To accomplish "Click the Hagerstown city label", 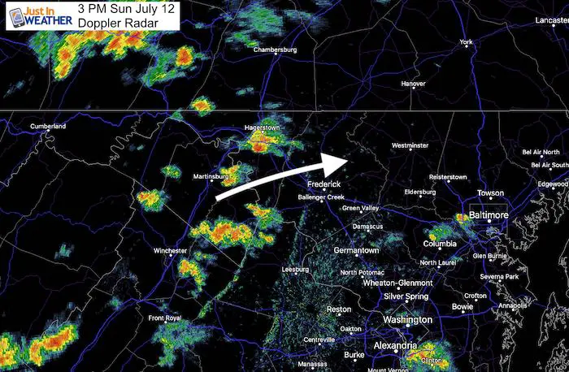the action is (267, 129).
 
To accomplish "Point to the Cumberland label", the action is (48, 127).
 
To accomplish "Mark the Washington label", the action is (406, 320).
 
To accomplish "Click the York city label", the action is (466, 42).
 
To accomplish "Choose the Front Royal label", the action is (166, 318).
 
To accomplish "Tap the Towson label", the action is (490, 193).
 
